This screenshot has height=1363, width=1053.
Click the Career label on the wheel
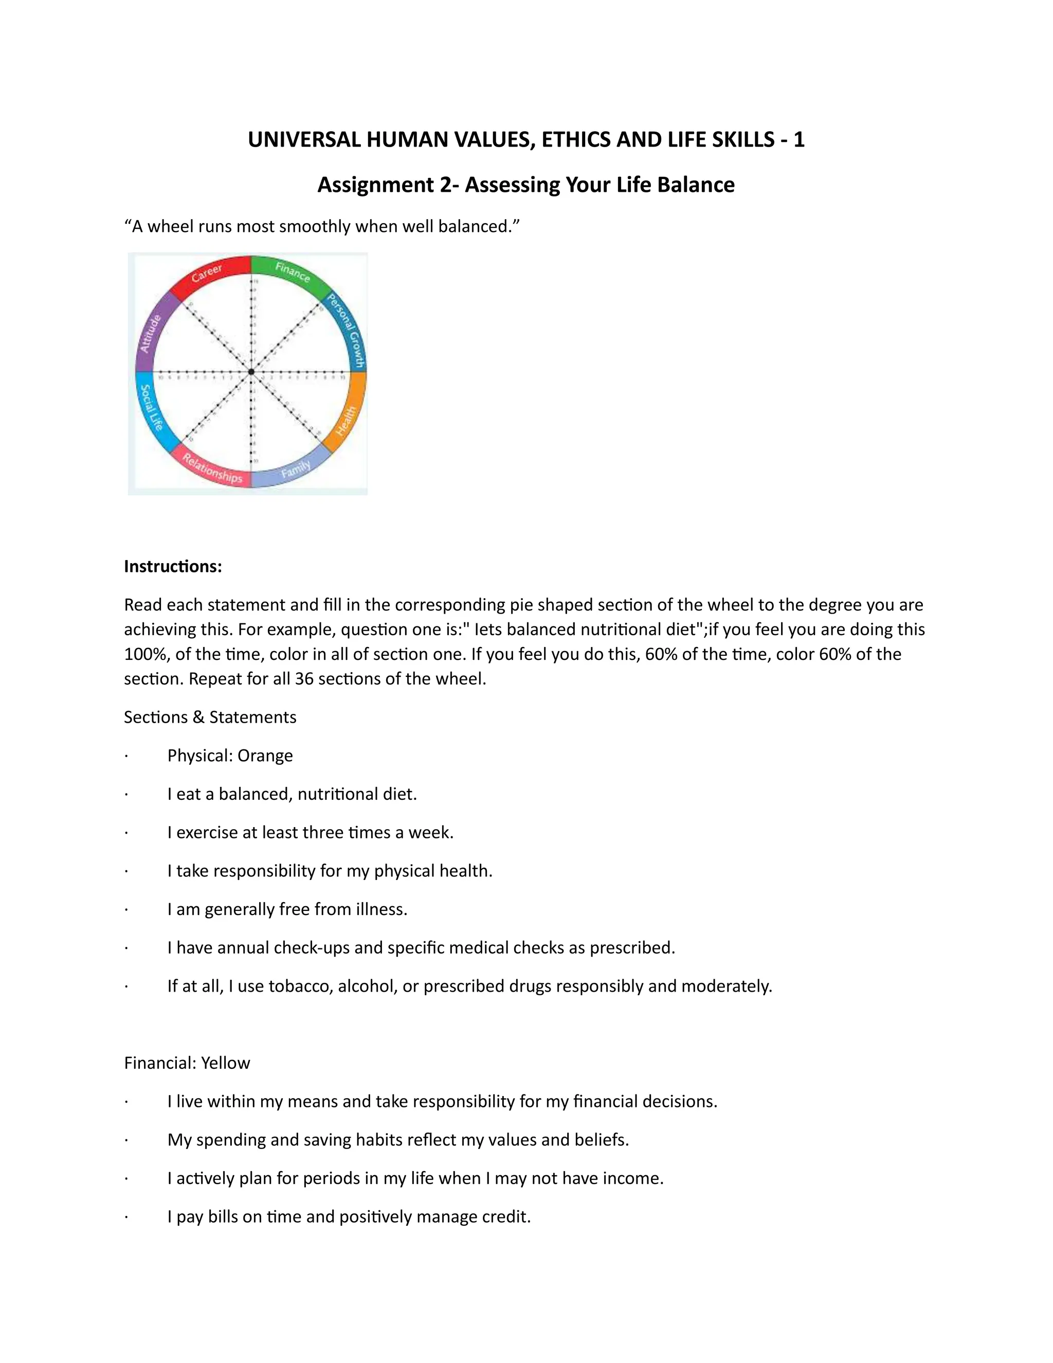click(x=207, y=273)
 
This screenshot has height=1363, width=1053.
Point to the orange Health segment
click(x=347, y=419)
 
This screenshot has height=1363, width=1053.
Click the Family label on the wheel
click(x=296, y=469)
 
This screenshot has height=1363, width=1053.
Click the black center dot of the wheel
click(x=251, y=372)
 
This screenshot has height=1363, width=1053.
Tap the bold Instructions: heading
click(x=173, y=566)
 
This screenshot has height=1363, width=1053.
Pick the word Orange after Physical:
click(x=265, y=756)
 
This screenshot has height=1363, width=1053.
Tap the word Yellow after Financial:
click(x=225, y=1063)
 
